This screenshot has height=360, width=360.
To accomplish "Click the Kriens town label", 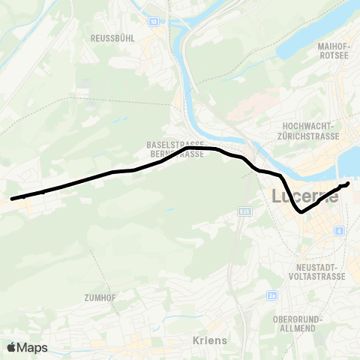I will [210, 340].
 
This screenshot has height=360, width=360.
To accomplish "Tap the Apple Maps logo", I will [27, 347].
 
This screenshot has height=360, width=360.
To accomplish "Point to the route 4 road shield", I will [340, 230].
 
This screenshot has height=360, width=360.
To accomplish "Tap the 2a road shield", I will [271, 296].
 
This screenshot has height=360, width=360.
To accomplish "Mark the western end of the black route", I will [12, 199].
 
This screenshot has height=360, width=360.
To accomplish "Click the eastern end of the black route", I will [349, 183].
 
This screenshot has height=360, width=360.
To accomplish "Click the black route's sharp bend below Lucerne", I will [301, 212].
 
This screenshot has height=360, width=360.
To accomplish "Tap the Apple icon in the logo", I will [11, 347].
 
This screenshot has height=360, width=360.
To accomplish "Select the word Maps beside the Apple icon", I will [33, 347].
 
